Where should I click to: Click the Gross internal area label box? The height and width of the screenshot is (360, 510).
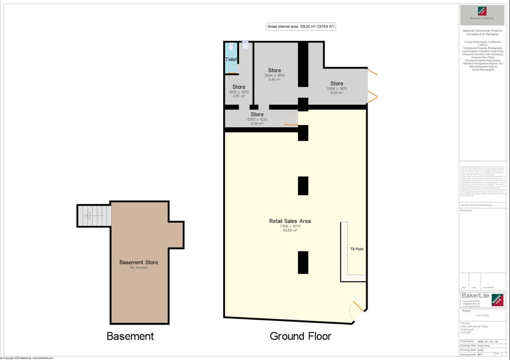click(300, 27)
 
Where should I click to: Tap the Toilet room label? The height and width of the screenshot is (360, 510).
click(231, 59)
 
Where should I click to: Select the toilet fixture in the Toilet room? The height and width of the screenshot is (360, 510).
click(231, 48)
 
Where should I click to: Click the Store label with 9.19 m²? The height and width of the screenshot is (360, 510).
click(274, 70)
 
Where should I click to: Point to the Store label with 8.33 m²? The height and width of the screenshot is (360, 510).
click(337, 83)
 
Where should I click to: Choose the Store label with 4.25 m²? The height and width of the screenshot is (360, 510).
click(239, 87)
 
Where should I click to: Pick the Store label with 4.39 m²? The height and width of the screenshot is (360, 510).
click(257, 115)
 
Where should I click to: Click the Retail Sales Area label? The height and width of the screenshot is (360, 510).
click(290, 221)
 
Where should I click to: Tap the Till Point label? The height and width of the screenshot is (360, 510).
click(357, 249)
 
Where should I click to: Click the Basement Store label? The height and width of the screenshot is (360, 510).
click(138, 262)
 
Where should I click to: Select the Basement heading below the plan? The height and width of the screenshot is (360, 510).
click(130, 336)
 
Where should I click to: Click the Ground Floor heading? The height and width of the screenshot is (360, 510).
click(300, 336)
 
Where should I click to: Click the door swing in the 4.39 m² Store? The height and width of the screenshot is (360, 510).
click(291, 119)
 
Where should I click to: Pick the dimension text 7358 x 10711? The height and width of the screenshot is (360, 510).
click(290, 226)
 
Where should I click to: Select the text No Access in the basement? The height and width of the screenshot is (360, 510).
click(138, 268)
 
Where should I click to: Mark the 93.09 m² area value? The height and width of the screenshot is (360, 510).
click(290, 231)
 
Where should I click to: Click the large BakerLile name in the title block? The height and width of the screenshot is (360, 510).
click(475, 296)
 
